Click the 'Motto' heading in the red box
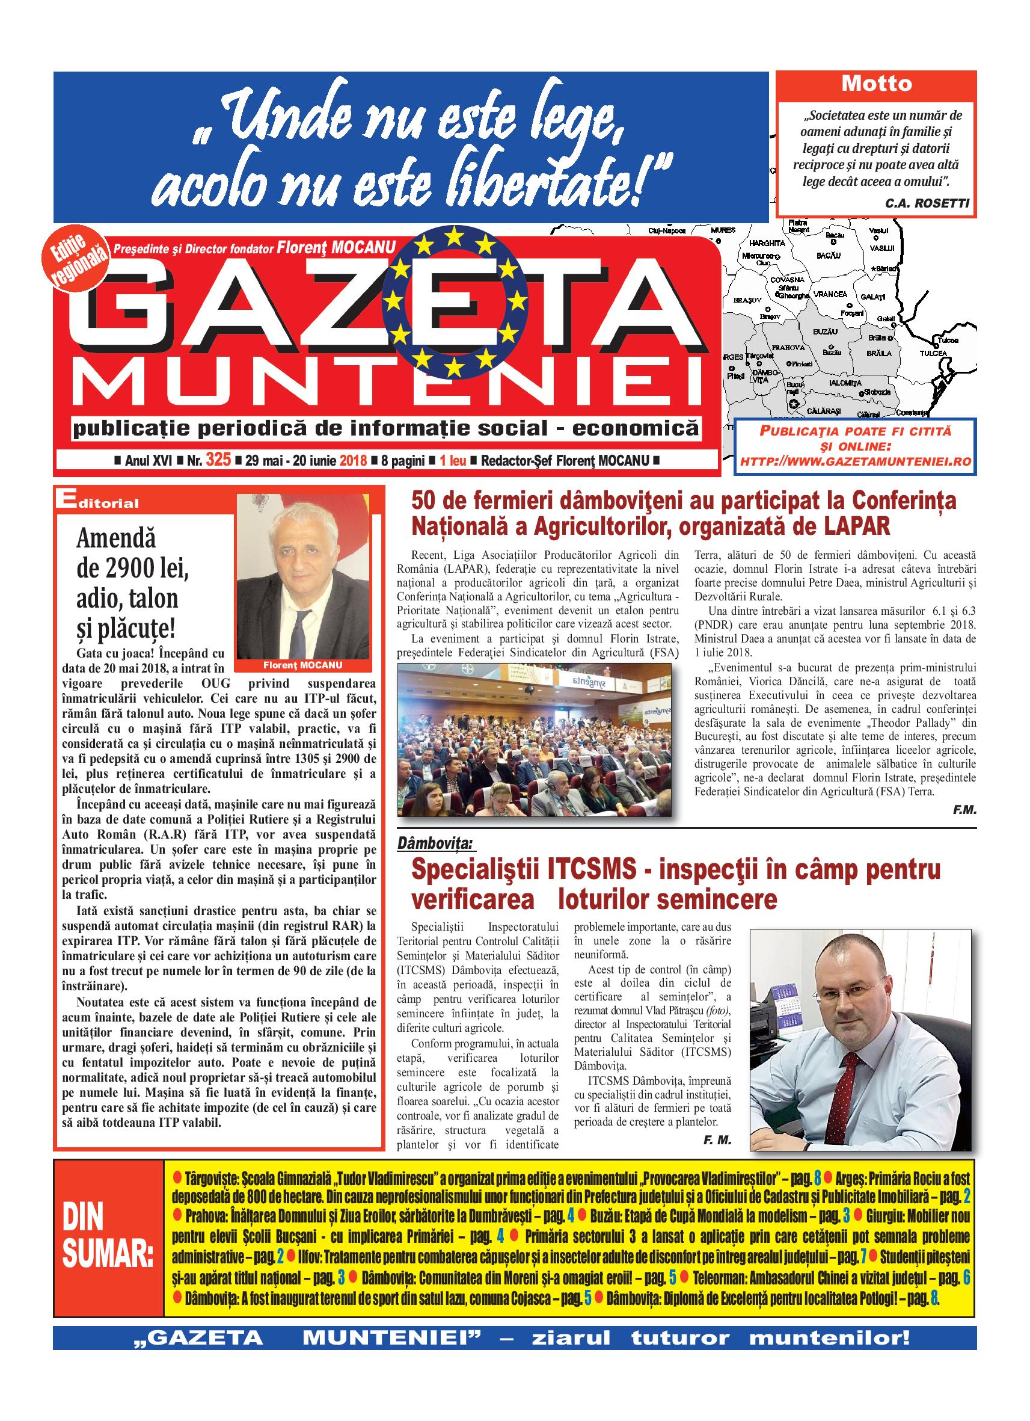click(x=876, y=84)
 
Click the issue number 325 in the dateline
click(x=218, y=460)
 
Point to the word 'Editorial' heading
click(x=97, y=502)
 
